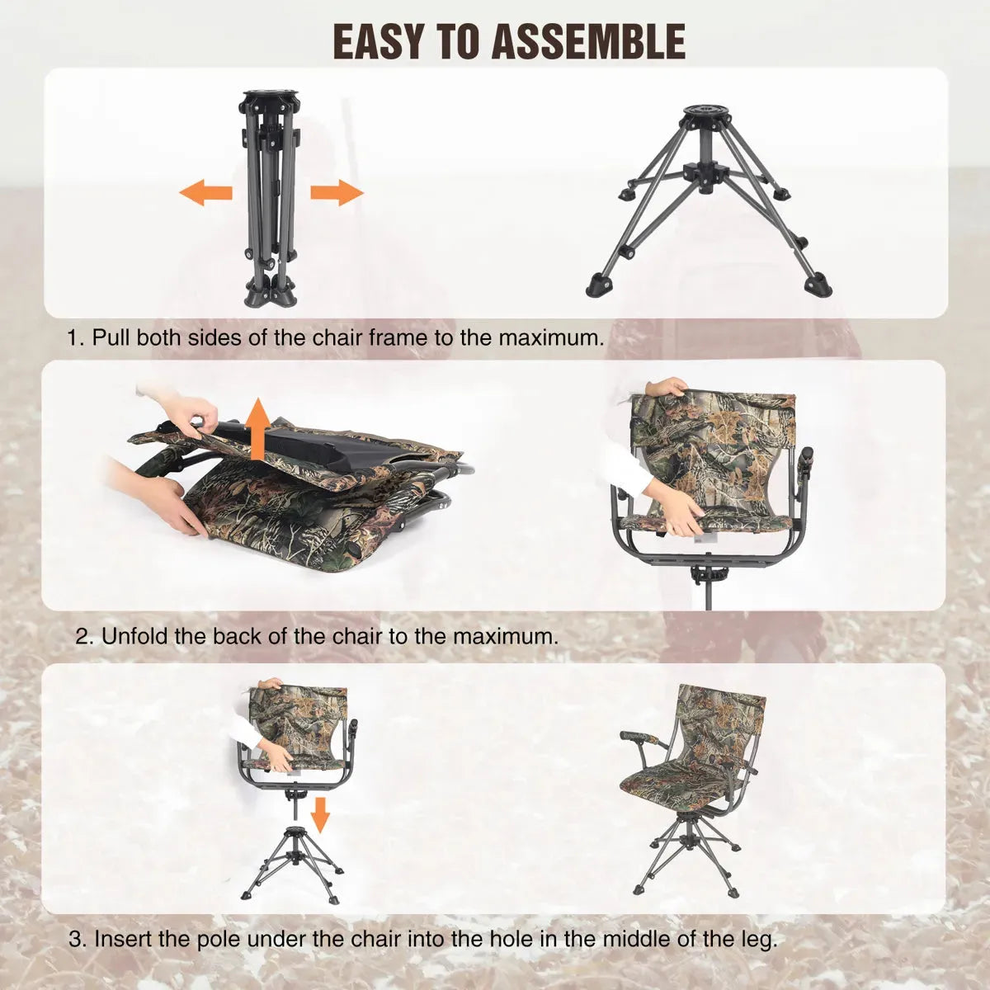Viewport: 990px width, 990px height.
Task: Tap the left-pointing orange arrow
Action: [x=205, y=194]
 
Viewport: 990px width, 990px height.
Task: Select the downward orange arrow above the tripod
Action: [x=321, y=815]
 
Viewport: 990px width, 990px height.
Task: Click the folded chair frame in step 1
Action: [x=270, y=198]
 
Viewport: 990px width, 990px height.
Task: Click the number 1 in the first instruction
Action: [x=75, y=338]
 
